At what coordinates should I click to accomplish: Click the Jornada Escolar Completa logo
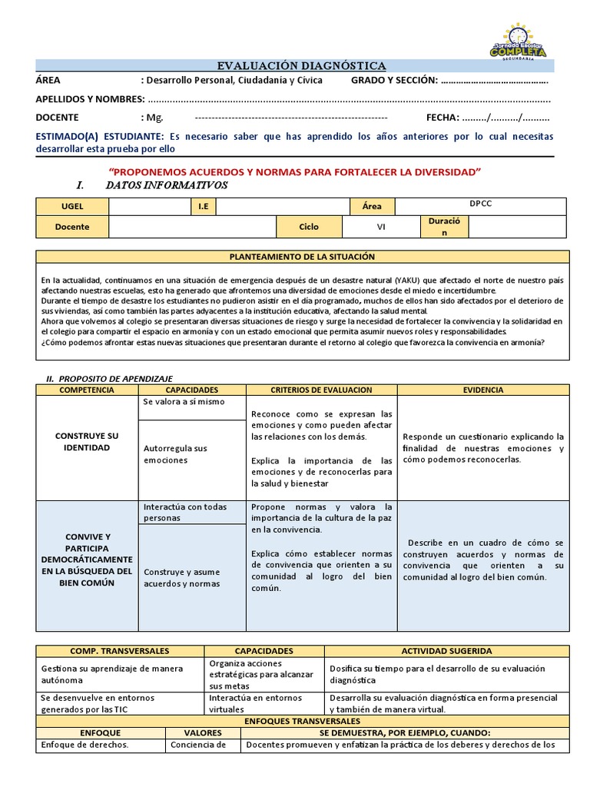coord(517,42)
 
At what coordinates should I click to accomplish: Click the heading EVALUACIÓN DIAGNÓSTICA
coord(301,66)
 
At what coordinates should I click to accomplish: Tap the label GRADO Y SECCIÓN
coord(394,81)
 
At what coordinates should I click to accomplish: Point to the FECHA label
coord(442,118)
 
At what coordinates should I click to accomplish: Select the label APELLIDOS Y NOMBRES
coord(90,99)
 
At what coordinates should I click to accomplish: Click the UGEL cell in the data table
coord(72,207)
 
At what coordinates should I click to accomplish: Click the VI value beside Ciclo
coord(380,227)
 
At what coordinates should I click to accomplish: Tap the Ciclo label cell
coord(308,227)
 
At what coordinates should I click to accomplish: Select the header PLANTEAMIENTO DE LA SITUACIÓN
coord(303,257)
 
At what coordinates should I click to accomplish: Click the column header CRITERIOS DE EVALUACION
coord(321,390)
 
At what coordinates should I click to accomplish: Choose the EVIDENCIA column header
coord(483,390)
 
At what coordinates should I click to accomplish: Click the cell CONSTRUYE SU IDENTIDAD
coord(87,441)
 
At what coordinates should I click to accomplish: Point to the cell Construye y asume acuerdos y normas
coord(181,577)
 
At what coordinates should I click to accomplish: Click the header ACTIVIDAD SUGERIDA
coord(446,651)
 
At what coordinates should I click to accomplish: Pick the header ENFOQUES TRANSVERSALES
coord(302,722)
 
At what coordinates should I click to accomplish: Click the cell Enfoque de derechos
coord(85,744)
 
